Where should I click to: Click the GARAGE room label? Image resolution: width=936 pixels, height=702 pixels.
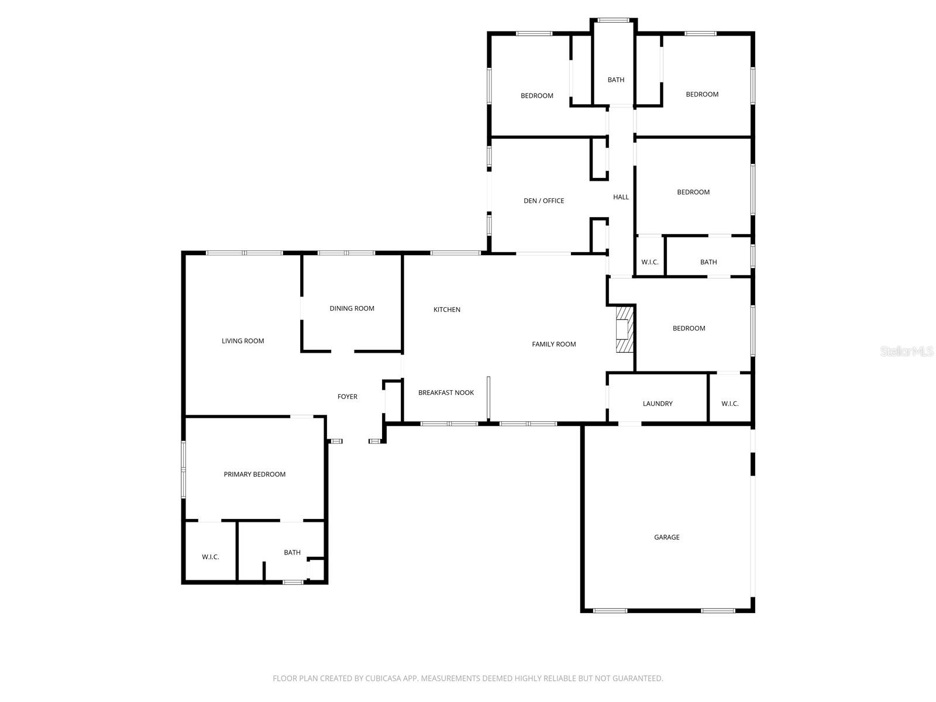pyautogui.click(x=666, y=537)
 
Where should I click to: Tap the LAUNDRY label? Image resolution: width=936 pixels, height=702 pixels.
pyautogui.click(x=658, y=404)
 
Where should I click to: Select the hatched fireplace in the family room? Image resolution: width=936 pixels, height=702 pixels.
pyautogui.click(x=624, y=329)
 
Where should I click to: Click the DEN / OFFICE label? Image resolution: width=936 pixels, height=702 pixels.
pyautogui.click(x=543, y=201)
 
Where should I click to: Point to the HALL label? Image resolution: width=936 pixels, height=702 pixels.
pyautogui.click(x=621, y=197)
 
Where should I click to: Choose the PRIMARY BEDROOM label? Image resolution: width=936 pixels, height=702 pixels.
pyautogui.click(x=254, y=474)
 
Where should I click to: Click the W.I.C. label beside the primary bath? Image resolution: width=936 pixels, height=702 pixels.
pyautogui.click(x=210, y=557)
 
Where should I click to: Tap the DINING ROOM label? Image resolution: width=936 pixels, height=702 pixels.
pyautogui.click(x=352, y=308)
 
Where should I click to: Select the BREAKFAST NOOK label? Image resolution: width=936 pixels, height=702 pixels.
pyautogui.click(x=446, y=393)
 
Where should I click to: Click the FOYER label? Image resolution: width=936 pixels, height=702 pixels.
pyautogui.click(x=347, y=397)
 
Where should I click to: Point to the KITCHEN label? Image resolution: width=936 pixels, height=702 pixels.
pyautogui.click(x=446, y=309)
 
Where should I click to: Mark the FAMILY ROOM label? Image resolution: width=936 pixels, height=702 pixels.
pyautogui.click(x=553, y=344)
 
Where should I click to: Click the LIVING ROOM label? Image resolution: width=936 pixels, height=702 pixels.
pyautogui.click(x=243, y=341)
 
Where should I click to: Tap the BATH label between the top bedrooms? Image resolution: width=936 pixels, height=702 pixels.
pyautogui.click(x=615, y=80)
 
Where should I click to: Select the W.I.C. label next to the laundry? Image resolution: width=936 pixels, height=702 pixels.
pyautogui.click(x=729, y=404)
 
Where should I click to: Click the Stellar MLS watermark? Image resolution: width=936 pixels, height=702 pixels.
pyautogui.click(x=906, y=351)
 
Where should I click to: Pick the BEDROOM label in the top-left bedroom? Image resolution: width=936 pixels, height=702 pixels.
pyautogui.click(x=536, y=96)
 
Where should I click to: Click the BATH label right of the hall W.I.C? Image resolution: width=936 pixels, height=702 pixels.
pyautogui.click(x=708, y=262)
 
